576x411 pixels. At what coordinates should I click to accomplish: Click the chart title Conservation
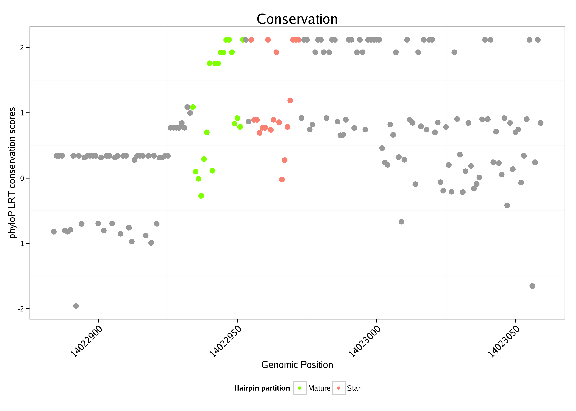[297, 19]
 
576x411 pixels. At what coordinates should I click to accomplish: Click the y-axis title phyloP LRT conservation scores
[12, 173]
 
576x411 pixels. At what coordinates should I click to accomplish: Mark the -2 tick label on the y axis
[21, 309]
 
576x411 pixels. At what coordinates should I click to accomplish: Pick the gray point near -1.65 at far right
[532, 286]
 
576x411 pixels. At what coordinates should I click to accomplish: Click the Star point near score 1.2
[290, 100]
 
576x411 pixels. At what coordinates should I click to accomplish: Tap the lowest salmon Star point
[282, 179]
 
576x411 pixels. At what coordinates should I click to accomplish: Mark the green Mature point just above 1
[193, 107]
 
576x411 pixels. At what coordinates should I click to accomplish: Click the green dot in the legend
[300, 388]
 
